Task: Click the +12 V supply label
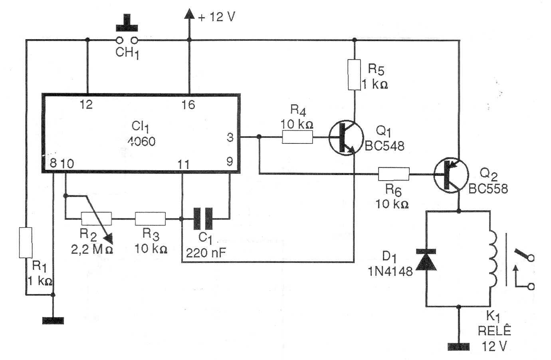[x=216, y=17]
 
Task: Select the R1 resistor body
[x=26, y=243]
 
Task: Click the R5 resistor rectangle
[x=354, y=74]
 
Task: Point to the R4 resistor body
[x=297, y=137]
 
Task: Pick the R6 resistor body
[x=394, y=174]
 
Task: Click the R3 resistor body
[x=150, y=219]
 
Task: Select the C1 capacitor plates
[x=203, y=219]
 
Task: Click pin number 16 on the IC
[x=188, y=105]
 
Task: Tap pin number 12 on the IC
[x=86, y=105]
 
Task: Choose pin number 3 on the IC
[x=230, y=137]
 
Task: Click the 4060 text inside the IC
[x=142, y=141]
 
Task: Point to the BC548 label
[x=385, y=146]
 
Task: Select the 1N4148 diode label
[x=390, y=271]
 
